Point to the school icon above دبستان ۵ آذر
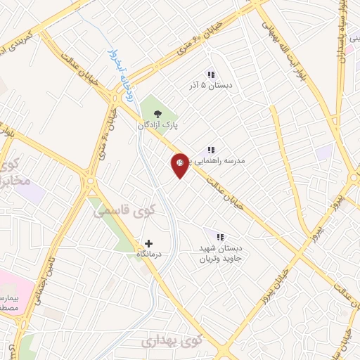coord(210,75)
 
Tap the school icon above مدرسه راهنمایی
coord(210,150)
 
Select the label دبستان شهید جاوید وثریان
coord(219,252)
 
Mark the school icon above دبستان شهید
coord(219,237)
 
